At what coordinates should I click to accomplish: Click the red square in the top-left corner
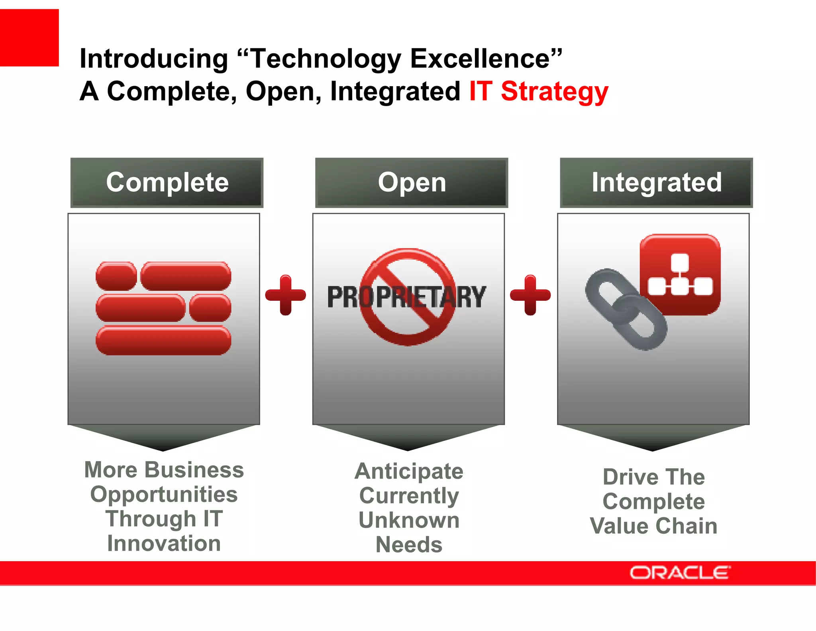click(29, 37)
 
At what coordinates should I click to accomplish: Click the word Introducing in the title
click(153, 59)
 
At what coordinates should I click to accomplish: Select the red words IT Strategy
click(538, 91)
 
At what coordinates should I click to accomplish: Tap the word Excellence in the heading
click(480, 59)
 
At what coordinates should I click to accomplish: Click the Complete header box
click(167, 183)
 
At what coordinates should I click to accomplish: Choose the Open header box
click(412, 183)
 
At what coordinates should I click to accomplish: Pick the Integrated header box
click(656, 183)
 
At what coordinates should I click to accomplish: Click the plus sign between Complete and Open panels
click(285, 295)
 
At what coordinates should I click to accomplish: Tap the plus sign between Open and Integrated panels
click(530, 295)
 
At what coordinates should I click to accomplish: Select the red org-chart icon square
click(680, 274)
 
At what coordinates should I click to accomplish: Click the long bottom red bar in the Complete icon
click(163, 340)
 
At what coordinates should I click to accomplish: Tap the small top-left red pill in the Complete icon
click(116, 276)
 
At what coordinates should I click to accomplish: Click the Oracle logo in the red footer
click(680, 573)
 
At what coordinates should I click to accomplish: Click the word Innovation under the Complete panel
click(164, 543)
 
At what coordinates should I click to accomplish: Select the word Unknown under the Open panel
click(409, 520)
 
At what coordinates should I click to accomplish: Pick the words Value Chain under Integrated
click(653, 526)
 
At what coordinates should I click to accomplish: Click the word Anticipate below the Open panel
click(409, 471)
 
